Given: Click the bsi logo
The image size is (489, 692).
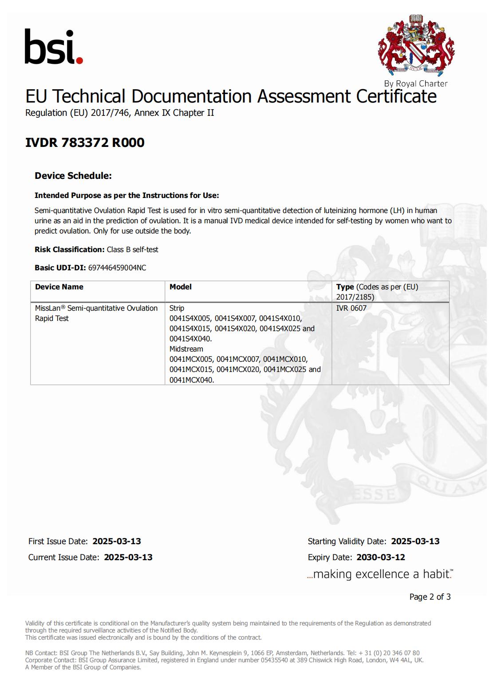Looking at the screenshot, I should pyautogui.click(x=54, y=47).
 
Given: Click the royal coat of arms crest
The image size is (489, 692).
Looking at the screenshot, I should pyautogui.click(x=416, y=45).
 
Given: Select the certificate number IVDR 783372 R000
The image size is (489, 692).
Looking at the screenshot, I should pyautogui.click(x=85, y=142).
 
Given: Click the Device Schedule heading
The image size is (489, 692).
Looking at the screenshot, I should pyautogui.click(x=73, y=176).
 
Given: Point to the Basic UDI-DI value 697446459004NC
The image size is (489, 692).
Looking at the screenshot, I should pyautogui.click(x=117, y=268).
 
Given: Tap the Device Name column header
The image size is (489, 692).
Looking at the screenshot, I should pyautogui.click(x=59, y=287).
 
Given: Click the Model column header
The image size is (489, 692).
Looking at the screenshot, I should pyautogui.click(x=181, y=287).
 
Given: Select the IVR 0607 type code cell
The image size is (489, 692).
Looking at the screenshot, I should pyautogui.click(x=351, y=308).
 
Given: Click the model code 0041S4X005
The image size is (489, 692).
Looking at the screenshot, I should pyautogui.click(x=190, y=318).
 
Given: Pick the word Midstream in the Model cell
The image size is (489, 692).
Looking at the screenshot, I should pyautogui.click(x=186, y=349).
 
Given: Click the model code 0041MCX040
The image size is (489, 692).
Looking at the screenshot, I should pyautogui.click(x=191, y=380).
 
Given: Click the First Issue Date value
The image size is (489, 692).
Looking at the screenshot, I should pyautogui.click(x=117, y=541).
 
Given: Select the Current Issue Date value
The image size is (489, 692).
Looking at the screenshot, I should pyautogui.click(x=128, y=557).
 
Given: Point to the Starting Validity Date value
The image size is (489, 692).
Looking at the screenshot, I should pyautogui.click(x=415, y=541).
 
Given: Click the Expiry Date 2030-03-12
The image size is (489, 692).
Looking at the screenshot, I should pyautogui.click(x=381, y=557).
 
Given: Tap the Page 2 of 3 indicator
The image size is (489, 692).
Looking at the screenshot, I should pyautogui.click(x=430, y=597).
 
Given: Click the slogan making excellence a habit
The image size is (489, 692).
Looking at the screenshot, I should pyautogui.click(x=380, y=574).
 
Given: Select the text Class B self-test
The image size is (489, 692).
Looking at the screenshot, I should pyautogui.click(x=132, y=249).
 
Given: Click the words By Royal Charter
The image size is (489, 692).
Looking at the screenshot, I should pyautogui.click(x=416, y=83).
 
